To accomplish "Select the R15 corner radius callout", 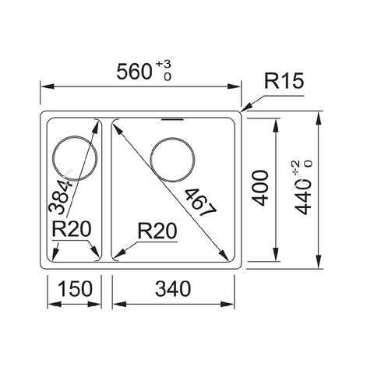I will (283, 80).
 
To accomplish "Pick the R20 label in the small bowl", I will (72, 230).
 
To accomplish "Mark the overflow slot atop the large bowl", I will (172, 120).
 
